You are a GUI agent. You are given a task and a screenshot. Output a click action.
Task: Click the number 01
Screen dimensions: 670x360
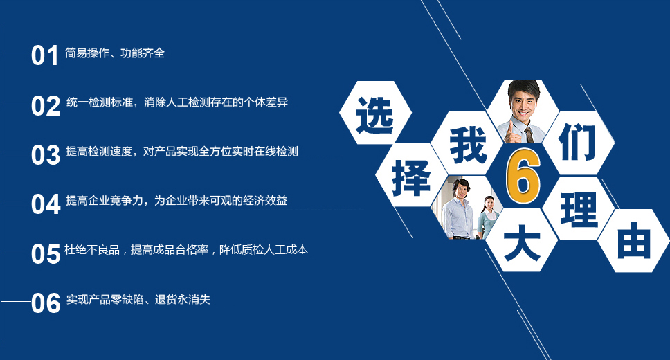[45, 55]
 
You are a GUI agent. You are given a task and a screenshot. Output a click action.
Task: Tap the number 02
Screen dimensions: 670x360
[46, 106]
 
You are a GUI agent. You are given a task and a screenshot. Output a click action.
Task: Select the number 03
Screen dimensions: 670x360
[46, 155]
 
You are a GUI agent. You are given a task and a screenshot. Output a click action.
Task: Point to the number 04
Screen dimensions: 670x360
[46, 204]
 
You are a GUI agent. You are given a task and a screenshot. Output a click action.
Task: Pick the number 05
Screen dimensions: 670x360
[46, 253]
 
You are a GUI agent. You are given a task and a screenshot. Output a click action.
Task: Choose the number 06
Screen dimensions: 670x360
[46, 303]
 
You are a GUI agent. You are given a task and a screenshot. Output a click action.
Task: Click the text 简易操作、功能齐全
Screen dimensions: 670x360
[114, 53]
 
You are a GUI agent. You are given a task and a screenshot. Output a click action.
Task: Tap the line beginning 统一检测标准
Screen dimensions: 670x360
[177, 102]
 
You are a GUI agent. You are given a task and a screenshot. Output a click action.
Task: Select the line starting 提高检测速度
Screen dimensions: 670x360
[181, 152]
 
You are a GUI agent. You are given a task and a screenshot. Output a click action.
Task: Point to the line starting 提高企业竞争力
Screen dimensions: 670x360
[176, 201]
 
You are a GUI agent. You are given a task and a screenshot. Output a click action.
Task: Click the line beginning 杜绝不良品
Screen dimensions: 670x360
[186, 250]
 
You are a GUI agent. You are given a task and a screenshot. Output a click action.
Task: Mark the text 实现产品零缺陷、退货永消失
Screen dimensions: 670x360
[138, 299]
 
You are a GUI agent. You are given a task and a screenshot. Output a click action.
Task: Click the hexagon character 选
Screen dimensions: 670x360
[374, 115]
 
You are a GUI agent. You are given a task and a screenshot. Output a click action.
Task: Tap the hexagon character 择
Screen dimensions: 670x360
[410, 178]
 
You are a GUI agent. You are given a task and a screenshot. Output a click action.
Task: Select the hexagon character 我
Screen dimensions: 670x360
[469, 145]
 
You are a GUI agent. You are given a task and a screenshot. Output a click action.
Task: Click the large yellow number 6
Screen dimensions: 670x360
[523, 176]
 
